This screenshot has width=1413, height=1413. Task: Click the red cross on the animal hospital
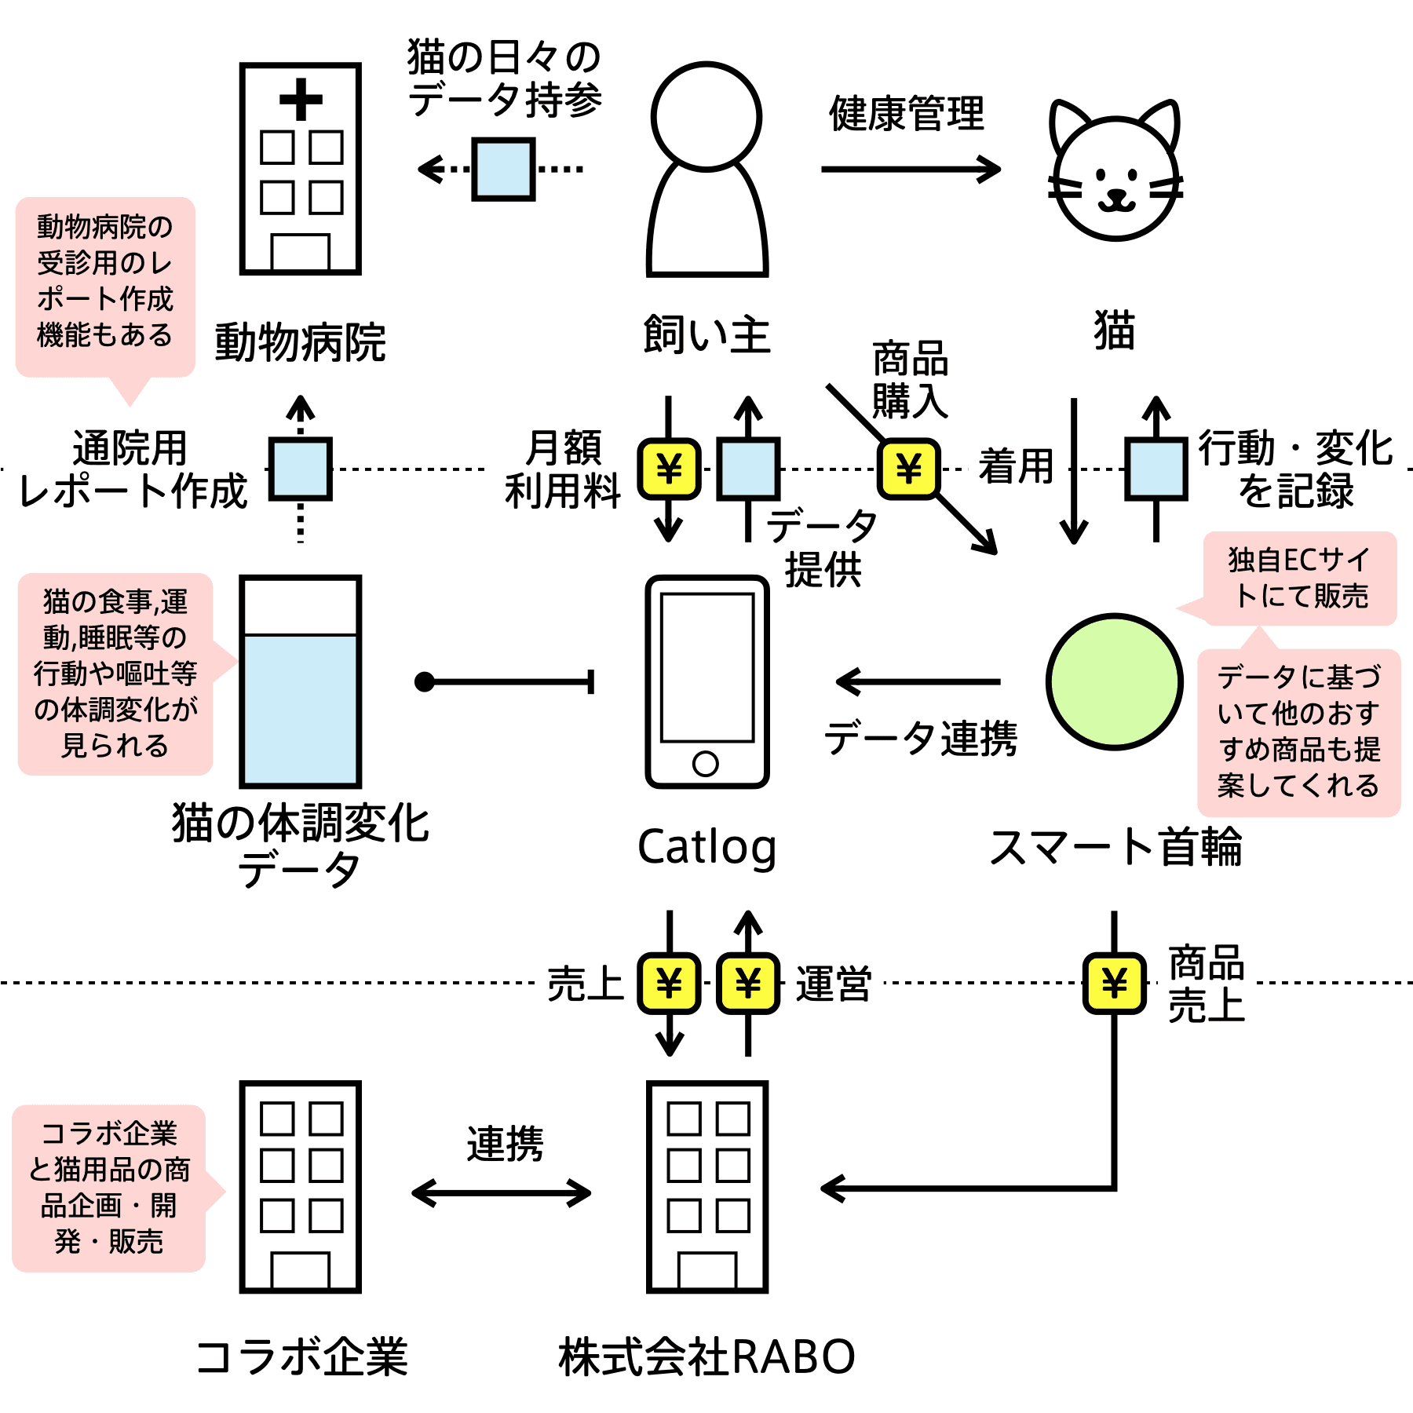(301, 100)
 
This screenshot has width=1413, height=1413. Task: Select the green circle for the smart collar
(1115, 681)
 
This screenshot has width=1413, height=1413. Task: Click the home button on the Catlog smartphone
(706, 763)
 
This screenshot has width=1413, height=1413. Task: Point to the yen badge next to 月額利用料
(669, 469)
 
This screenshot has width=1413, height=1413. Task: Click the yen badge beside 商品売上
(1115, 983)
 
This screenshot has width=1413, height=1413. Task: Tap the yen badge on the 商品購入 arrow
(908, 469)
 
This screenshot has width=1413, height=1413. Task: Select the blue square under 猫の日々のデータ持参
(503, 169)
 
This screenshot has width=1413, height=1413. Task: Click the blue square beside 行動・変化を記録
(1156, 469)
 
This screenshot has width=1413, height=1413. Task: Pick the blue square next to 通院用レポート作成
(301, 469)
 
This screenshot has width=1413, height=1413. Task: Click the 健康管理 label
(907, 114)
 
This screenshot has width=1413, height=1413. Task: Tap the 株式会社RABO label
(706, 1356)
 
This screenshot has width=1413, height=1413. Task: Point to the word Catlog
(706, 848)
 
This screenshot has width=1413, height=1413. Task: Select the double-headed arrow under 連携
(502, 1193)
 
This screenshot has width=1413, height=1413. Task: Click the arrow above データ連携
(918, 681)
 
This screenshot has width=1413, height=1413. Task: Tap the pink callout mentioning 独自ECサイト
(1300, 579)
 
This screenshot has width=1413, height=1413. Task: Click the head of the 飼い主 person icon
(706, 116)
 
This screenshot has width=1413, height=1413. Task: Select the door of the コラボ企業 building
(301, 1269)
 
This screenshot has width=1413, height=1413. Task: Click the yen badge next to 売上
(669, 983)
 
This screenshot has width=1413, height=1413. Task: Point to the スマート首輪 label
(1115, 847)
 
